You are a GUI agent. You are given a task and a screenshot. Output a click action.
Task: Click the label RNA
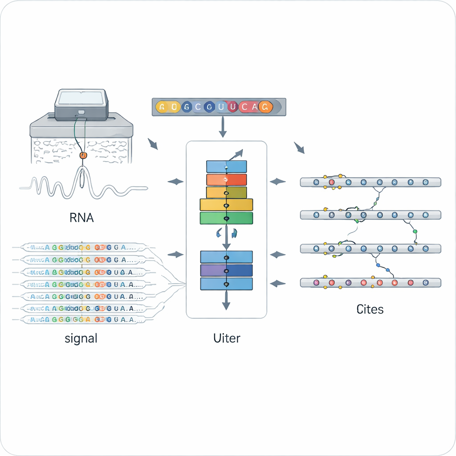pyautogui.click(x=82, y=218)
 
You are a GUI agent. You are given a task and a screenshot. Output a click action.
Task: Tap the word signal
pyautogui.click(x=81, y=338)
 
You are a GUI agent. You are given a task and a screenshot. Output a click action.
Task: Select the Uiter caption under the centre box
pyautogui.click(x=227, y=338)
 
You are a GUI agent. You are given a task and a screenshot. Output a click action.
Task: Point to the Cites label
pyautogui.click(x=370, y=309)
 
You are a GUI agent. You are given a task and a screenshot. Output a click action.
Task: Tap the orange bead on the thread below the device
pyautogui.click(x=82, y=155)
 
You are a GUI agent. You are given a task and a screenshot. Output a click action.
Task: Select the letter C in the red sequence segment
pyautogui.click(x=244, y=107)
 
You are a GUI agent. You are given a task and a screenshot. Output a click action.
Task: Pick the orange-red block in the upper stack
pyautogui.click(x=226, y=179)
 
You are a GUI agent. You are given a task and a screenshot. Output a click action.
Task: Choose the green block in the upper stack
pyautogui.click(x=226, y=218)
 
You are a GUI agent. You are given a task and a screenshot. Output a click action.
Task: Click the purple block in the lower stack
pyautogui.click(x=226, y=270)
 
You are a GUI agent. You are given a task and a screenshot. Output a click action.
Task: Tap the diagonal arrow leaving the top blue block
pyautogui.click(x=237, y=155)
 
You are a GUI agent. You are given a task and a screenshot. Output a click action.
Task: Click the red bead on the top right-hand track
pyautogui.click(x=331, y=182)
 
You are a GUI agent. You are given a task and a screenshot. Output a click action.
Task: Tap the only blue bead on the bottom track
pyautogui.click(x=425, y=282)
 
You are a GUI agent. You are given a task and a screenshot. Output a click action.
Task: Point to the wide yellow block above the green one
pyautogui.click(x=226, y=205)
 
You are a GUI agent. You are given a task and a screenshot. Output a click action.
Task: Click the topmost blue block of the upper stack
pyautogui.click(x=226, y=167)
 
